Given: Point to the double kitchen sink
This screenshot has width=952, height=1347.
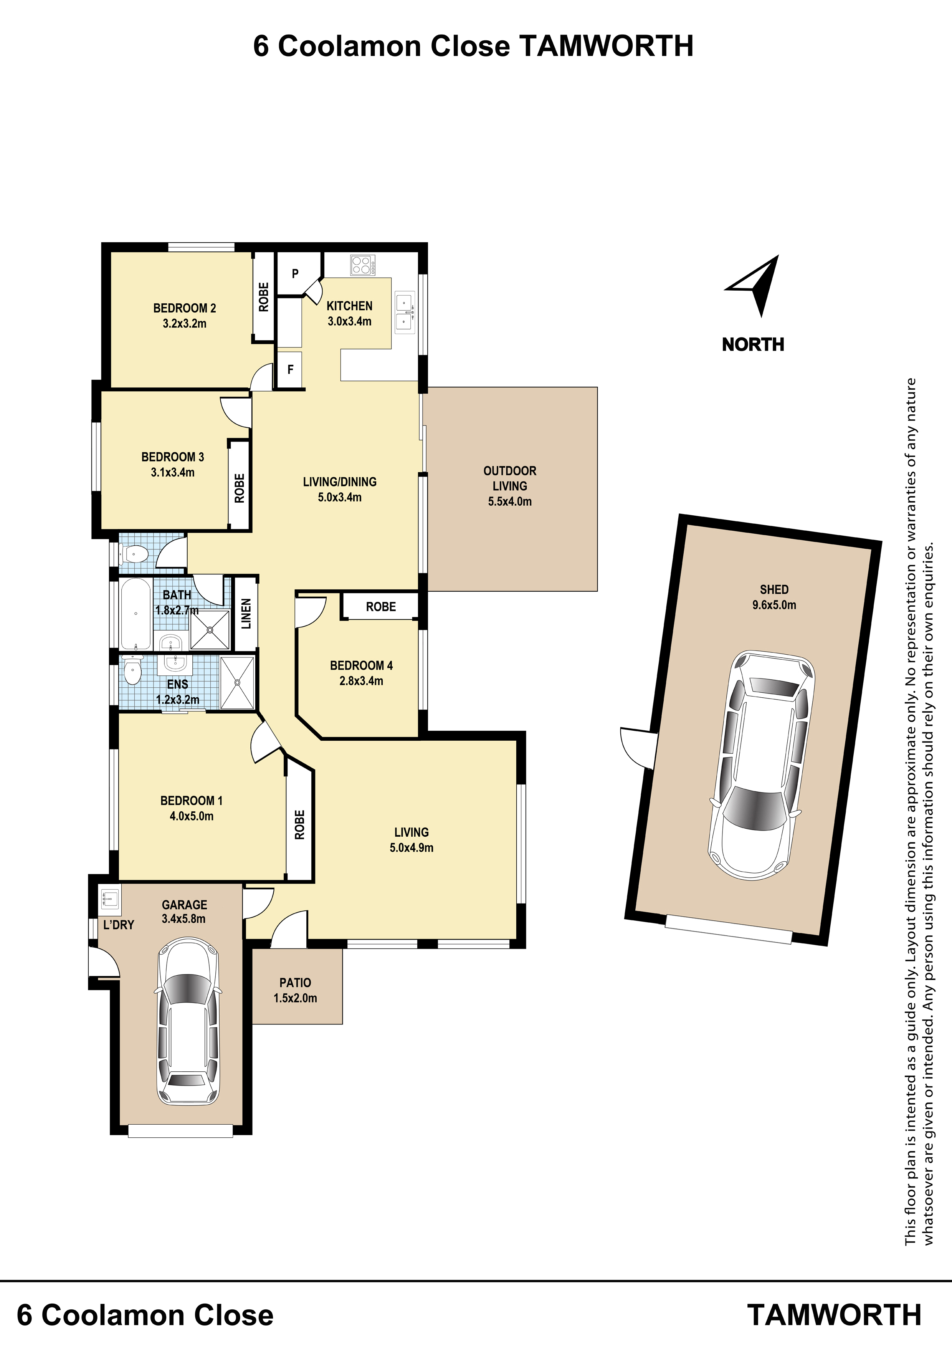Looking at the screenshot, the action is pyautogui.click(x=405, y=312).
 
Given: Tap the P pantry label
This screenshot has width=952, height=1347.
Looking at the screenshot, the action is pyautogui.click(x=295, y=273).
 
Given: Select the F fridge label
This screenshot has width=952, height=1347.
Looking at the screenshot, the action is pyautogui.click(x=290, y=370).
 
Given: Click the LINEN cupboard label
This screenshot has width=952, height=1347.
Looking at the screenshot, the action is pyautogui.click(x=246, y=614).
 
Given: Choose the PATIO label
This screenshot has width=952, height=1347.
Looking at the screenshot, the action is pyautogui.click(x=295, y=983).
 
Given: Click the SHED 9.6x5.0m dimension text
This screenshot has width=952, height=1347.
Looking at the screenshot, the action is pyautogui.click(x=774, y=605).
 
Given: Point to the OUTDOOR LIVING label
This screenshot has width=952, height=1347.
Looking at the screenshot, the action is pyautogui.click(x=510, y=478).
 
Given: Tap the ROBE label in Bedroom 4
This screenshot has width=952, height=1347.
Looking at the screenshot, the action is pyautogui.click(x=381, y=607).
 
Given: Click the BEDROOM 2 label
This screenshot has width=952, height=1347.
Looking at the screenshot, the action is pyautogui.click(x=185, y=308).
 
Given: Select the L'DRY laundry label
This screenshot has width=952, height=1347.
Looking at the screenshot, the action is pyautogui.click(x=119, y=925).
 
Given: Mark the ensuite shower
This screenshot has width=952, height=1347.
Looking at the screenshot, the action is pyautogui.click(x=238, y=683).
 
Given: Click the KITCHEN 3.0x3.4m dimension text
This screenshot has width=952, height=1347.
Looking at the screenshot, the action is pyautogui.click(x=350, y=321).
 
